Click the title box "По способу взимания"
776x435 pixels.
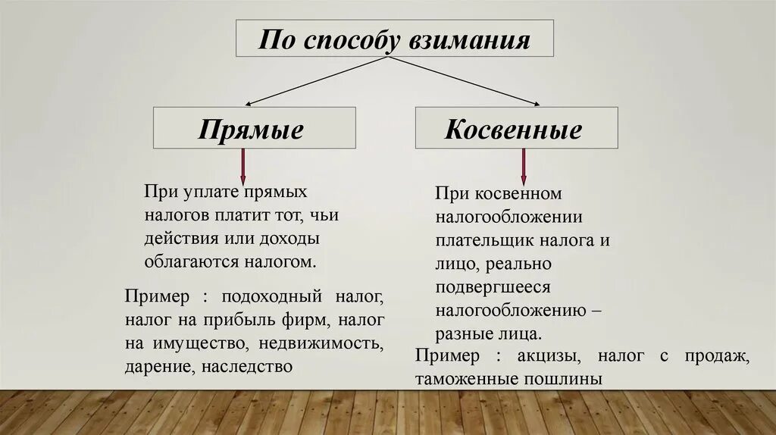[x=394, y=39]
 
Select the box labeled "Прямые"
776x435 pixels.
[x=254, y=128]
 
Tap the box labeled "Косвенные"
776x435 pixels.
[x=515, y=128]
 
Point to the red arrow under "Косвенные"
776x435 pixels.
[x=523, y=167]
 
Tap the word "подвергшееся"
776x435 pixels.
[x=492, y=287]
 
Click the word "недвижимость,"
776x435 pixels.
[x=321, y=343]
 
